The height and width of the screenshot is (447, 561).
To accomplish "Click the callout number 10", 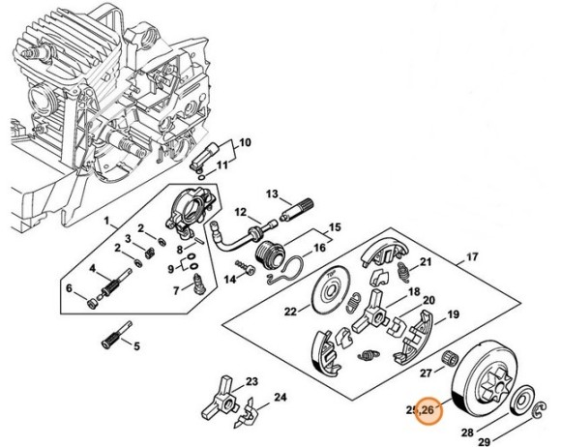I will pos(245,143).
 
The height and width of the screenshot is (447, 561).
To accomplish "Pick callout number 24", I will pos(280,397).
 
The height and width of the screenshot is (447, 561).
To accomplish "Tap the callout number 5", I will pos(136,345).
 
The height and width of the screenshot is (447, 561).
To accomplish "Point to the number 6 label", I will pos(69,287).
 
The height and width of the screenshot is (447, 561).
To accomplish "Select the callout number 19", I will pos(452,315).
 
